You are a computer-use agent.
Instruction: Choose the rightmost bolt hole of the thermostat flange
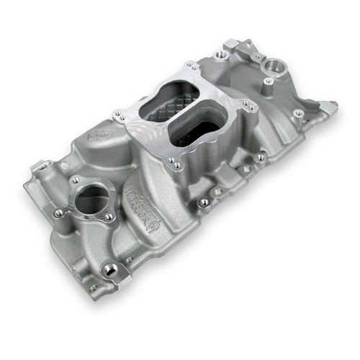[x=109, y=216]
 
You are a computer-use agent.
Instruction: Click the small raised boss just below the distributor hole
[x=268, y=82]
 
